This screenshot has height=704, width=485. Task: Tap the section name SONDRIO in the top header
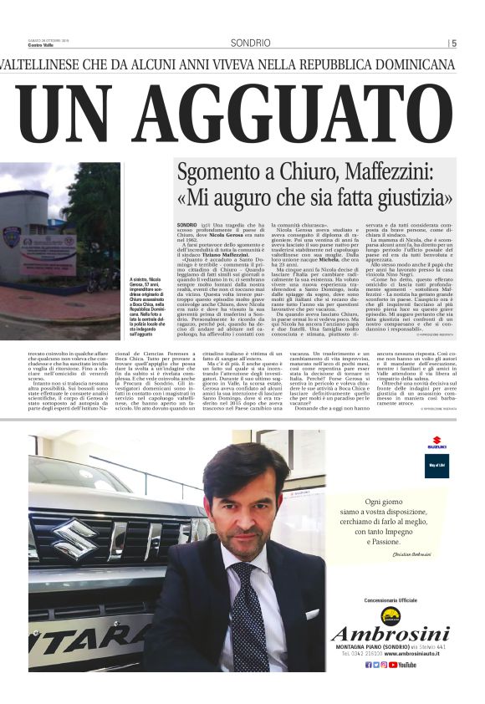click(250, 43)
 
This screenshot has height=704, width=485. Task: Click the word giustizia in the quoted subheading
click(416, 200)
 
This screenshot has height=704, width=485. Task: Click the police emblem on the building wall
click(12, 237)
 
